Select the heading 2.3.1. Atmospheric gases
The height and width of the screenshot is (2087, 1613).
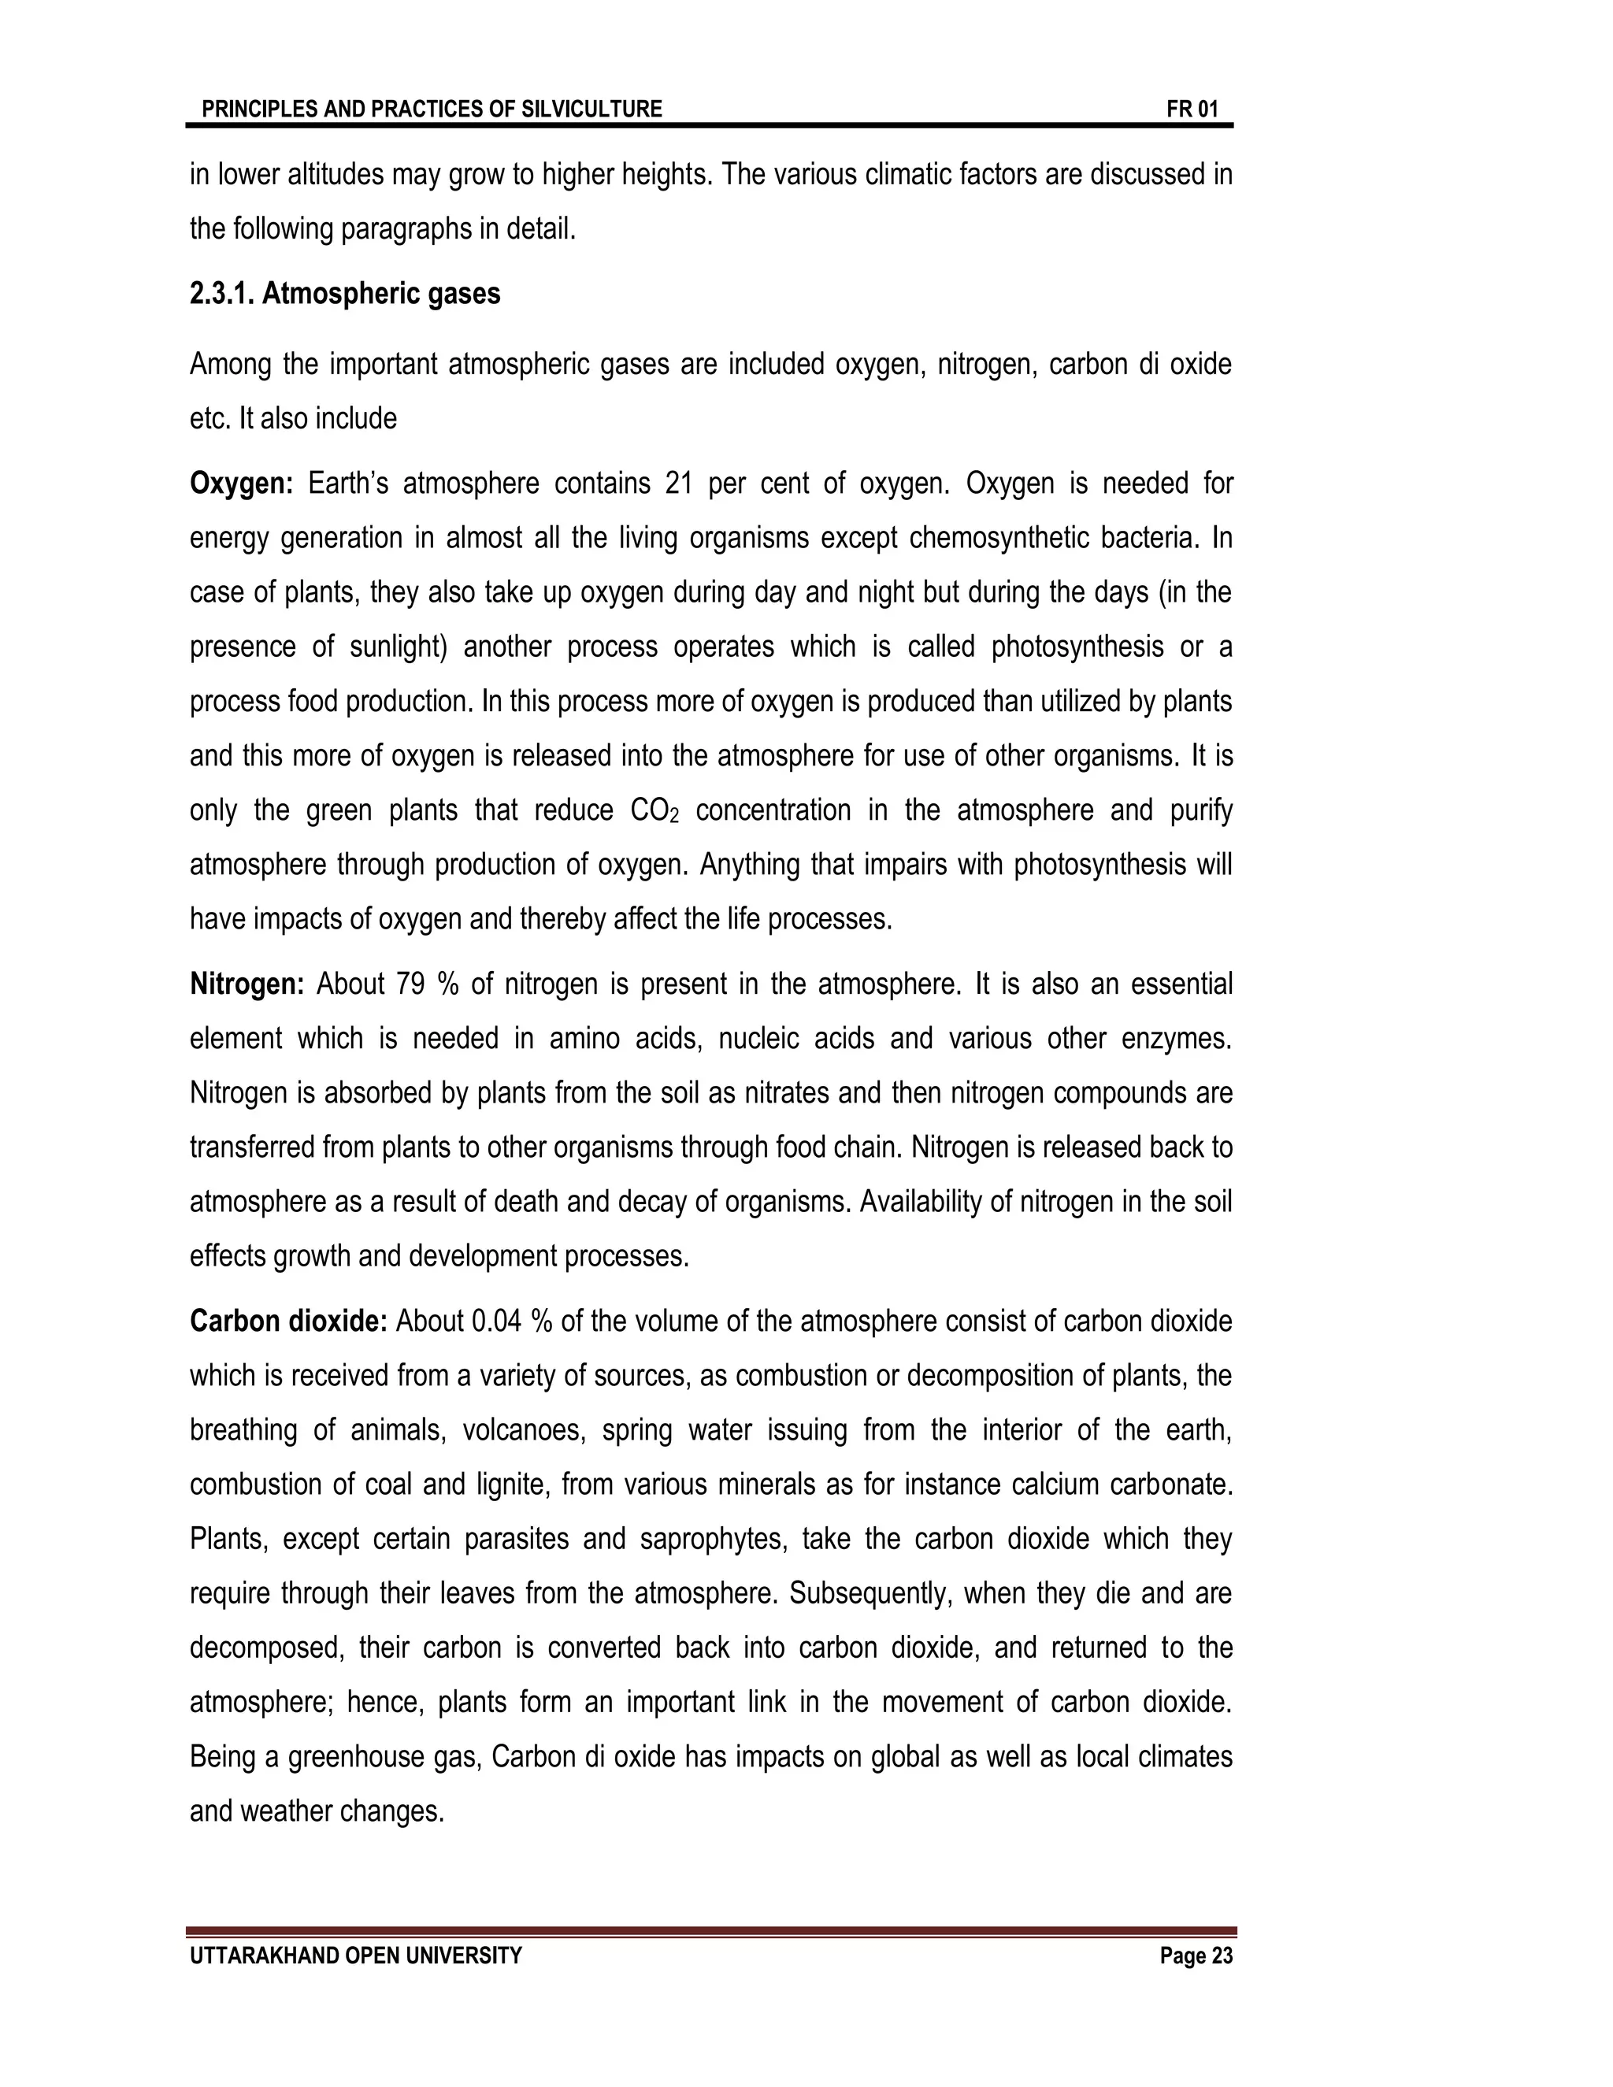point(345,294)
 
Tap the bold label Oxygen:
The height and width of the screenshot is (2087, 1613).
point(242,484)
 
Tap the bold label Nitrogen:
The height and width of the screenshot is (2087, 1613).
point(247,984)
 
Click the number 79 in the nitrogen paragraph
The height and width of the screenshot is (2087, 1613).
point(409,984)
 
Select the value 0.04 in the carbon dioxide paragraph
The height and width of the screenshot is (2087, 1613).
point(497,1322)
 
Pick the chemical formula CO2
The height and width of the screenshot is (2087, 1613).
point(654,811)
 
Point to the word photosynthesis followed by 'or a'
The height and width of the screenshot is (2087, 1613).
point(1077,647)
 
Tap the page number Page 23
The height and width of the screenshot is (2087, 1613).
point(1196,1956)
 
